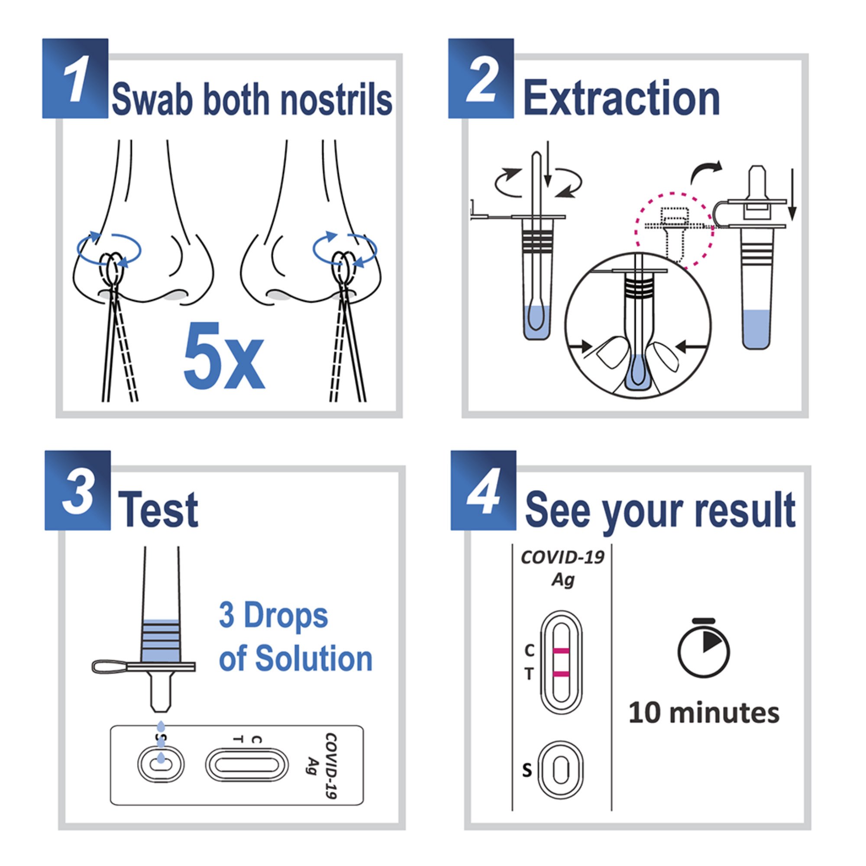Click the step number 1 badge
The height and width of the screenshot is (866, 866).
(x=75, y=78)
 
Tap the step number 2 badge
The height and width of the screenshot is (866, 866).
(x=481, y=78)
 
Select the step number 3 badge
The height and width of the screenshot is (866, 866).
(x=78, y=491)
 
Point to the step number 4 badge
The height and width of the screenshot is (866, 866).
(x=483, y=491)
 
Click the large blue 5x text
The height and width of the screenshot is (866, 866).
(x=224, y=356)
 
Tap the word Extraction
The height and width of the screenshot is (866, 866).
(x=621, y=99)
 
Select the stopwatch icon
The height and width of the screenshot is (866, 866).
(x=703, y=649)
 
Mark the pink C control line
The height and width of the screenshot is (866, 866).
(x=561, y=651)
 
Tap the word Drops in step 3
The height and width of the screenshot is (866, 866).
(x=285, y=616)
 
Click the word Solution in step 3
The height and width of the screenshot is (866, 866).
(x=314, y=659)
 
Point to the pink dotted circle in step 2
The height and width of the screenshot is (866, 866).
(x=675, y=231)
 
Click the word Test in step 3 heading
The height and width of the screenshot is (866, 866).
(x=158, y=510)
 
